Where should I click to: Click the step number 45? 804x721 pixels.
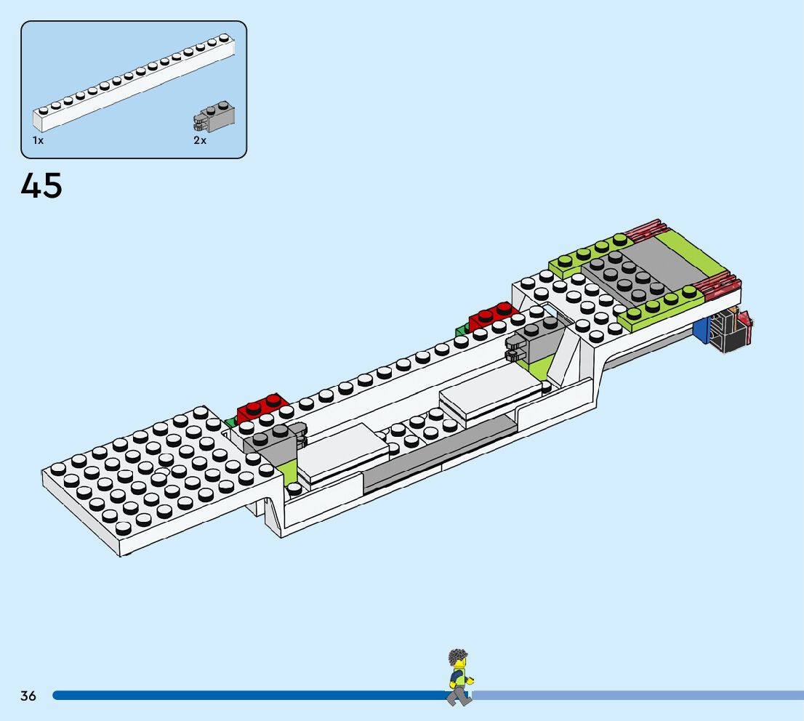(41, 186)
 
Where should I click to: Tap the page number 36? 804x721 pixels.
(28, 696)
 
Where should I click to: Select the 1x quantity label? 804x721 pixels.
(38, 140)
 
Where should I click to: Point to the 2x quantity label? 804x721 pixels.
(200, 140)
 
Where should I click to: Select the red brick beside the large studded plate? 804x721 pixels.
(262, 408)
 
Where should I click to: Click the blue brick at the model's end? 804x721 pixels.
(701, 331)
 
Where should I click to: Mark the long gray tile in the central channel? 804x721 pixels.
(436, 454)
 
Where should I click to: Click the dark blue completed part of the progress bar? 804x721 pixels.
(247, 696)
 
